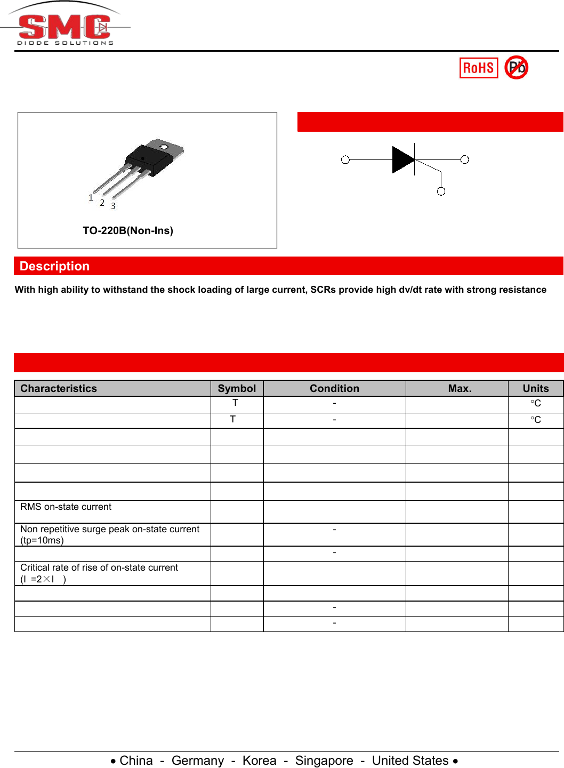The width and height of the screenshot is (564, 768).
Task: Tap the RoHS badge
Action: pos(478,68)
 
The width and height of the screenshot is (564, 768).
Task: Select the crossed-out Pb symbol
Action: pos(516,67)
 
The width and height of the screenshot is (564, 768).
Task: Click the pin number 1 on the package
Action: pos(91,198)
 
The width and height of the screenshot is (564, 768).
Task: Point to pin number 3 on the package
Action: pos(113,206)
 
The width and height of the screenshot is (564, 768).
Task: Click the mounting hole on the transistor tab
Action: pos(164,147)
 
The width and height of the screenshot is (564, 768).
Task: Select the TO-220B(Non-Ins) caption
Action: pos(128,230)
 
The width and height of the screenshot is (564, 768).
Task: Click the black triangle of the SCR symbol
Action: pos(402,159)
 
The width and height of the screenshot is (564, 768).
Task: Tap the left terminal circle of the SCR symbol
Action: pos(345,159)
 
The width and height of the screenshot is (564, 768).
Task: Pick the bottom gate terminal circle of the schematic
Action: pos(441,191)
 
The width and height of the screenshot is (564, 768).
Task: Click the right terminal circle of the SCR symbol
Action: pos(465,159)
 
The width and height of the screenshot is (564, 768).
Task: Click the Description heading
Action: pos(54,266)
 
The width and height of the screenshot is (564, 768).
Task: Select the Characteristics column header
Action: pos(59,388)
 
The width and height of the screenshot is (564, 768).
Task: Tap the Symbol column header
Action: pos(237,388)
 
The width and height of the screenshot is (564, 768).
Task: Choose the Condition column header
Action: pos(334,388)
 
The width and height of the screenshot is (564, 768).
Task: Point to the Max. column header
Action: pos(460,388)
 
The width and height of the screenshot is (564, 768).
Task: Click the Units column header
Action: pos(535,388)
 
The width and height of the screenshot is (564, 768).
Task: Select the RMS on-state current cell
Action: pos(66,507)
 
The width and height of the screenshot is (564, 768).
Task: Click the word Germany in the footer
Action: pos(198,761)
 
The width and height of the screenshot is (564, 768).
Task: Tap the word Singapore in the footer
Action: pos(324,761)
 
